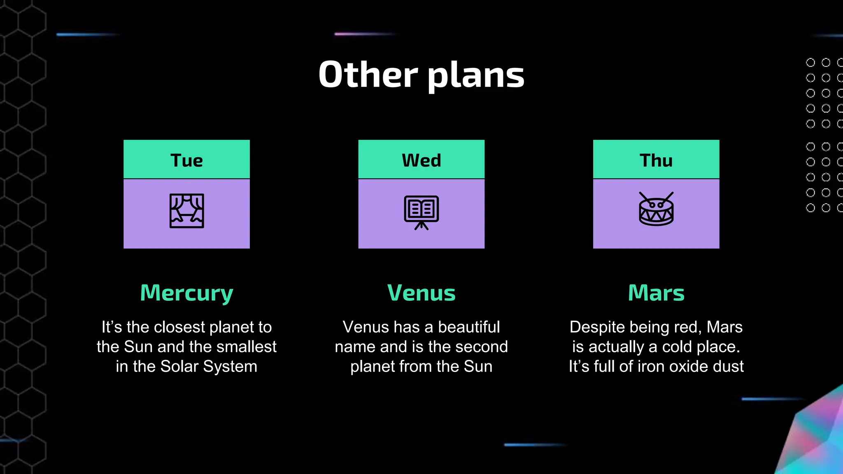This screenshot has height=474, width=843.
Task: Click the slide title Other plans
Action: pos(421,75)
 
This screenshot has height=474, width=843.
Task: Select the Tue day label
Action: pos(186,160)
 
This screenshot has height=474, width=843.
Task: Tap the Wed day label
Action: pos(421,160)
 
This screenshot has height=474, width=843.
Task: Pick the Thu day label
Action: pos(656,160)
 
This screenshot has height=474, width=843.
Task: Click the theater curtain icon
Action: pos(186,211)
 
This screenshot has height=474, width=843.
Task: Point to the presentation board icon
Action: pos(421,212)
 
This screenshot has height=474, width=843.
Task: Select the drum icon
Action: pos(656,209)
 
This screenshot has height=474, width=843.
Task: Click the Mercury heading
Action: pos(186,293)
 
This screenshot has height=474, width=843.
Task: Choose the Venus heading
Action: pos(421,293)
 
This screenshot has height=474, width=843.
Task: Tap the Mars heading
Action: pos(656,293)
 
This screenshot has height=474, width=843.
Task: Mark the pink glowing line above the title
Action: pos(364,34)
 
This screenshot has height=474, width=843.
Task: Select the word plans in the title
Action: pos(476,76)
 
